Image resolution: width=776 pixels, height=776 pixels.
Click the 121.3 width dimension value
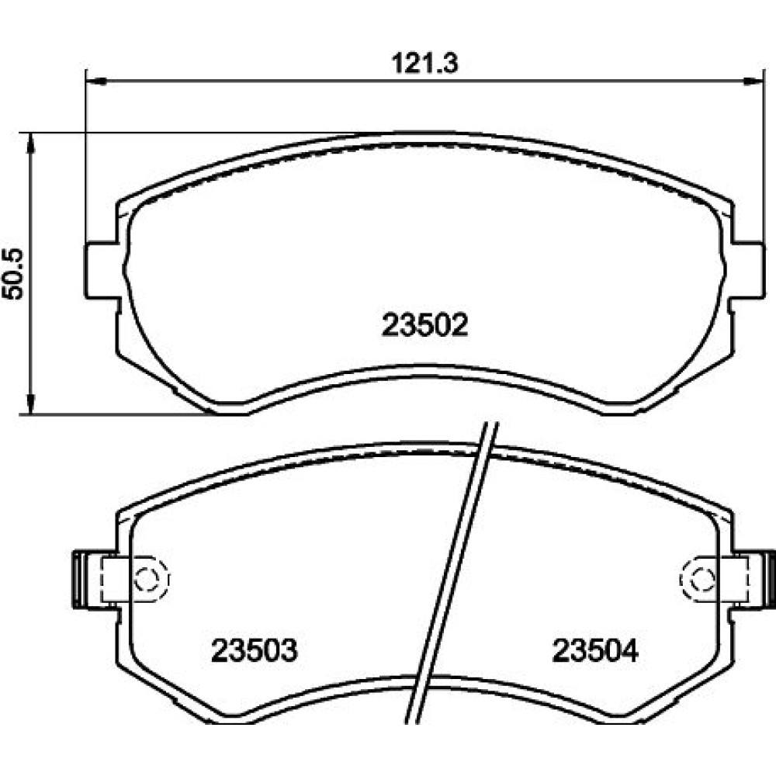pos(425,64)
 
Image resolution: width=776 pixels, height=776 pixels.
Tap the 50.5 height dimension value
pos(13,274)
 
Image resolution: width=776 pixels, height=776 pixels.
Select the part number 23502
pos(424,325)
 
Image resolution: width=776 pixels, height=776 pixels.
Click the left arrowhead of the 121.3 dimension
pos(96,80)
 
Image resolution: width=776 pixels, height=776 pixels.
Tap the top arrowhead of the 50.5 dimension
pos(31,143)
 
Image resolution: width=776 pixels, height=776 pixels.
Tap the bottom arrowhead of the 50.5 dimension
pos(31,404)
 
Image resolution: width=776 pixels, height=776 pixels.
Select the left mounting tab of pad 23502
pos(102,271)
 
